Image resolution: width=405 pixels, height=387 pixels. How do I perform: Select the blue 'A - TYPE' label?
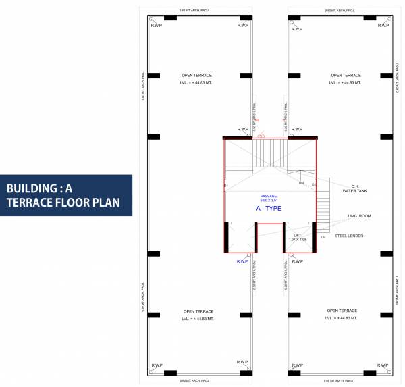pyautogui.click(x=268, y=209)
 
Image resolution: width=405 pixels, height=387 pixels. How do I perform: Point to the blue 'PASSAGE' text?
pyautogui.click(x=269, y=196)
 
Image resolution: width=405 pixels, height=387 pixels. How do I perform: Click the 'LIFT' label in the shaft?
pyautogui.click(x=297, y=235)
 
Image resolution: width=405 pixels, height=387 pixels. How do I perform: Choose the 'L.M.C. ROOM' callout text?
pyautogui.click(x=359, y=216)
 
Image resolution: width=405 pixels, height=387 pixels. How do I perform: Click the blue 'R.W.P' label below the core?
pyautogui.click(x=242, y=261)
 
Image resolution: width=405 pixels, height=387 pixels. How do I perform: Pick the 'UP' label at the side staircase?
pyautogui.click(x=323, y=237)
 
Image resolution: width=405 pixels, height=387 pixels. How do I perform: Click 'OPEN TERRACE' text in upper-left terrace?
pyautogui.click(x=196, y=75)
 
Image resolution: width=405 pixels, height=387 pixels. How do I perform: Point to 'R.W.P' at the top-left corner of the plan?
pyautogui.click(x=156, y=26)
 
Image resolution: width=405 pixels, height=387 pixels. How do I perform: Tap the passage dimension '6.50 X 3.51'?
pyautogui.click(x=269, y=201)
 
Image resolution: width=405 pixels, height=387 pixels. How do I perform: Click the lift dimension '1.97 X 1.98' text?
pyautogui.click(x=297, y=240)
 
